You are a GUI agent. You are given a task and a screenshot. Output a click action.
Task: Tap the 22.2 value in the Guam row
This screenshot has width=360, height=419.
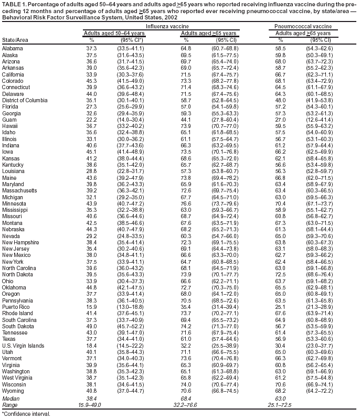pyautogui.click(x=91, y=120)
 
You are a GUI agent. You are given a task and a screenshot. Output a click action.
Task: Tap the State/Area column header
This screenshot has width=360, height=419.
pyautogui.click(x=16, y=39)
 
